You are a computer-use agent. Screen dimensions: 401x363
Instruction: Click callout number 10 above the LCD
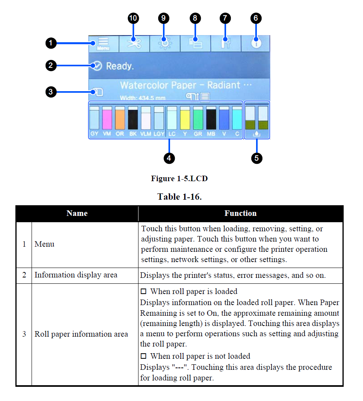pyautogui.click(x=134, y=18)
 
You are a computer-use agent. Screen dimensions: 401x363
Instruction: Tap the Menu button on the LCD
pyautogui.click(x=103, y=43)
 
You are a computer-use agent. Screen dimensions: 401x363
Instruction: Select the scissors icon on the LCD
pyautogui.click(x=134, y=43)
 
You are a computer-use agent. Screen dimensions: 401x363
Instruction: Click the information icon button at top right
pyautogui.click(x=256, y=43)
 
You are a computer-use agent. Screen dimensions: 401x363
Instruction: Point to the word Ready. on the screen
pyautogui.click(x=120, y=66)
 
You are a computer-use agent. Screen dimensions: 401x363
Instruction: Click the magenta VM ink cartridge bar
pyautogui.click(x=107, y=118)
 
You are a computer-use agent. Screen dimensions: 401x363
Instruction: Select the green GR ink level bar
pyautogui.click(x=198, y=118)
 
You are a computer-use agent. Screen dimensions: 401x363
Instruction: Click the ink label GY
pyautogui.click(x=94, y=134)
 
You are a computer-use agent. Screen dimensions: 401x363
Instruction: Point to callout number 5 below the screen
pyautogui.click(x=256, y=158)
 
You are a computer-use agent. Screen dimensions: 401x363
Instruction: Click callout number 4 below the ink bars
pyautogui.click(x=168, y=158)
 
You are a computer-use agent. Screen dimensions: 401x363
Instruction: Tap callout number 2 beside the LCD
pyautogui.click(x=51, y=66)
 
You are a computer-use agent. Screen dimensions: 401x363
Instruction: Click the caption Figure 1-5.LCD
pyautogui.click(x=179, y=179)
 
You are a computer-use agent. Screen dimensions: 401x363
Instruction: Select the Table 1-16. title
pyautogui.click(x=180, y=197)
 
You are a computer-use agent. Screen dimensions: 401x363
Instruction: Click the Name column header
pyautogui.click(x=77, y=214)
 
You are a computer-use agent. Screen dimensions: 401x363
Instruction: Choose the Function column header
pyautogui.click(x=240, y=214)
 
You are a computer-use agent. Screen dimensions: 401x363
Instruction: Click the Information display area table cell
pyautogui.click(x=76, y=275)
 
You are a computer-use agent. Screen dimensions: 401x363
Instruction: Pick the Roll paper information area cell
pyautogui.click(x=81, y=334)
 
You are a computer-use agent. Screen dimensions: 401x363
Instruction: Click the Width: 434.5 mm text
pyautogui.click(x=142, y=97)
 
